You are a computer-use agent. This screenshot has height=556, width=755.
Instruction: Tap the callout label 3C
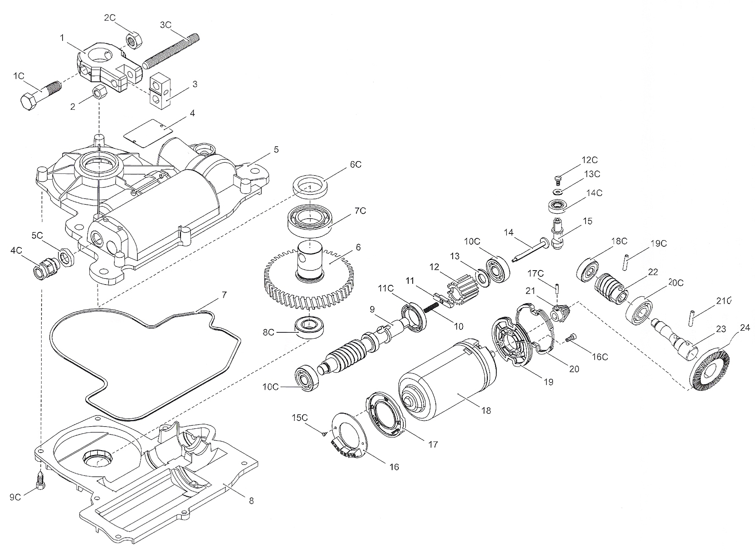[166, 25]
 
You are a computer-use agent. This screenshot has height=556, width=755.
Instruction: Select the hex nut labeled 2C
[133, 40]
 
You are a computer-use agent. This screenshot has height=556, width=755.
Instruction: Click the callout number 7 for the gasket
[224, 295]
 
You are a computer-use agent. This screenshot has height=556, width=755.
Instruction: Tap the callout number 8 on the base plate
[251, 501]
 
